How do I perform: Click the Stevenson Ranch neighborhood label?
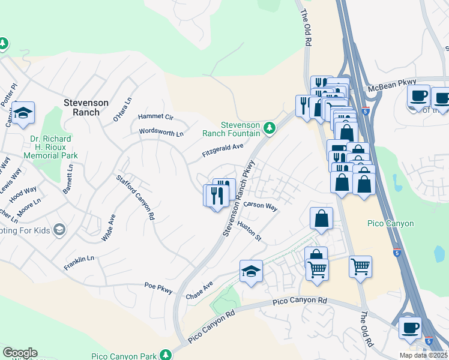tap(86, 107)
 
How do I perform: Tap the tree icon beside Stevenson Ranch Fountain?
tap(270, 128)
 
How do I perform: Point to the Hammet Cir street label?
tap(155, 117)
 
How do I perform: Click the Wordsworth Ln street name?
tap(161, 132)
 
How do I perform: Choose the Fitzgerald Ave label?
tap(223, 150)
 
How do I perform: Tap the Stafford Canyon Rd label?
tap(136, 197)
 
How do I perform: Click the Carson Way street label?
tap(261, 206)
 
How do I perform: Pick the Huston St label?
tap(250, 231)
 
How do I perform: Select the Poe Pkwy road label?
tap(158, 288)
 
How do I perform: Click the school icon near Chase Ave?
tap(252, 271)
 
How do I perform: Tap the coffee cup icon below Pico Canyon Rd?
tap(411, 328)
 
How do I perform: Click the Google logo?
tap(20, 353)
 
